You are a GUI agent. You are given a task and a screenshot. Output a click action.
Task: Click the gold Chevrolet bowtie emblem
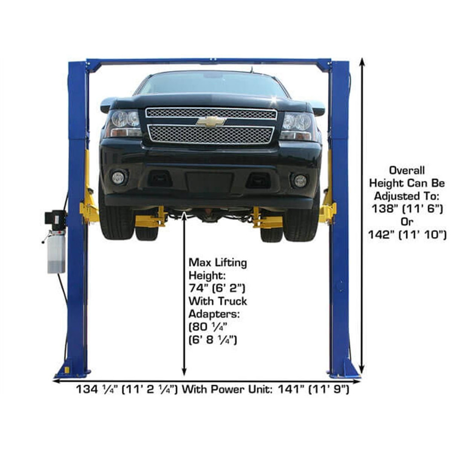point(211,121)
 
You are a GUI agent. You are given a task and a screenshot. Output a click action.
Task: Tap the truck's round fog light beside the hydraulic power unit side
point(118,178)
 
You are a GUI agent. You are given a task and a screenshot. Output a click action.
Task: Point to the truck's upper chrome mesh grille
point(211,113)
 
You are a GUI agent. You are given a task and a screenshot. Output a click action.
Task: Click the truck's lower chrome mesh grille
point(211,134)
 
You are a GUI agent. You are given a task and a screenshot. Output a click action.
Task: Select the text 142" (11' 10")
point(407,235)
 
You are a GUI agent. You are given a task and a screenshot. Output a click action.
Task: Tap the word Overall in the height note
point(407,170)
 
